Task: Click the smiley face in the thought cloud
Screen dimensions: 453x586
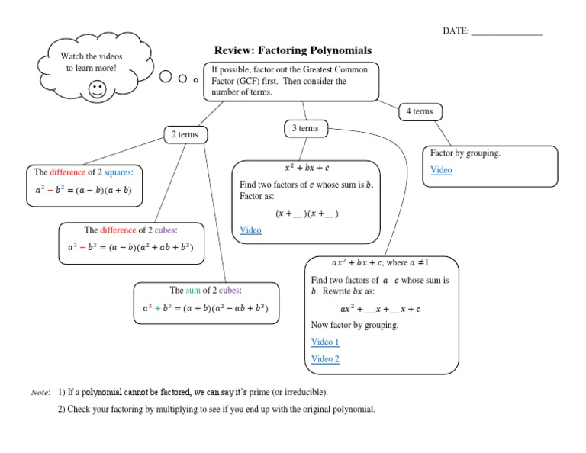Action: click(98, 90)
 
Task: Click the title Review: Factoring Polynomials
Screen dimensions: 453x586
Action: click(292, 50)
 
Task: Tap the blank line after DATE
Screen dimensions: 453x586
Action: click(507, 31)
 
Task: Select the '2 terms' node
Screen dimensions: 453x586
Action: click(184, 135)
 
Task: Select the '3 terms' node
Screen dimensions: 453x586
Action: click(305, 129)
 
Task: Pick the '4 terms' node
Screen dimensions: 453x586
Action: click(419, 111)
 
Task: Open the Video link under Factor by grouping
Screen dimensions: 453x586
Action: click(441, 170)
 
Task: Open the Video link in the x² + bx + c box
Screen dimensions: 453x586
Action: click(250, 230)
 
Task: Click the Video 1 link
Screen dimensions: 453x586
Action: click(325, 342)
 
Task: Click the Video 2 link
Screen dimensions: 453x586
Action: click(325, 359)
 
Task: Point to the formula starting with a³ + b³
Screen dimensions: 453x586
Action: click(205, 309)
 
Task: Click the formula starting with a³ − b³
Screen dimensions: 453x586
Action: click(130, 248)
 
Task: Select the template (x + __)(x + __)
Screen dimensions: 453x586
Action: click(307, 214)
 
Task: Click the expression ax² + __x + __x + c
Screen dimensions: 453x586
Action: click(380, 309)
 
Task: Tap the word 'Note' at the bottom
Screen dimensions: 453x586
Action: click(40, 393)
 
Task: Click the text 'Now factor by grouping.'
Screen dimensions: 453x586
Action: click(355, 326)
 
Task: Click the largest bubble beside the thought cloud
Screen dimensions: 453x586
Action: click(166, 76)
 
